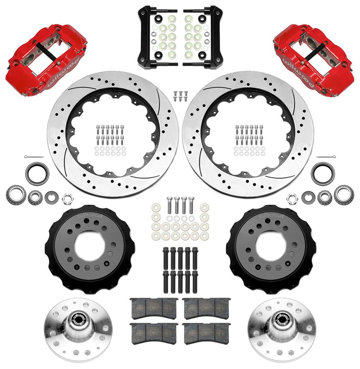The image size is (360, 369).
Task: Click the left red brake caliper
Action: (x=45, y=59)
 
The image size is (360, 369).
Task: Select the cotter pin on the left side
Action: (x=34, y=157)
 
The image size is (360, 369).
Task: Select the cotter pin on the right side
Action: (x=326, y=157)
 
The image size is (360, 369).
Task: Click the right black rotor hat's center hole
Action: (x=270, y=247)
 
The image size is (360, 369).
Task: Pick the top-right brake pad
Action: (x=206, y=308)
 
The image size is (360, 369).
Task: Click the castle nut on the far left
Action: (x=66, y=198)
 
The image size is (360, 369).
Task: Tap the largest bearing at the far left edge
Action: (x=16, y=195)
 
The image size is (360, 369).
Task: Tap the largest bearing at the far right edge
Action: (x=344, y=195)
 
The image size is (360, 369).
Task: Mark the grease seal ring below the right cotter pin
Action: (x=323, y=173)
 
